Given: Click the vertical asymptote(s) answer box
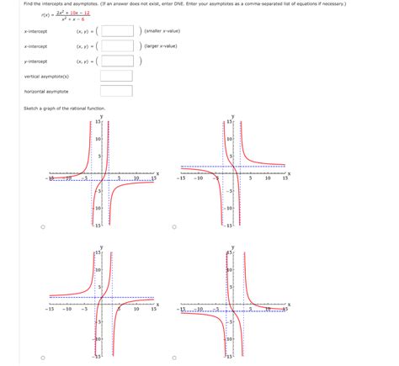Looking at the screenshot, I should (x=116, y=77).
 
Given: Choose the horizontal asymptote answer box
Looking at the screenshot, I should (x=116, y=91).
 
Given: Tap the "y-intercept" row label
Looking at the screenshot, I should (x=36, y=61).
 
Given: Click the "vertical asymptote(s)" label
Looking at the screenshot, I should (x=47, y=77).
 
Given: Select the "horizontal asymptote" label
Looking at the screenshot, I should (x=46, y=91).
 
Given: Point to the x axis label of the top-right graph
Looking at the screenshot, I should (x=289, y=172).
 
